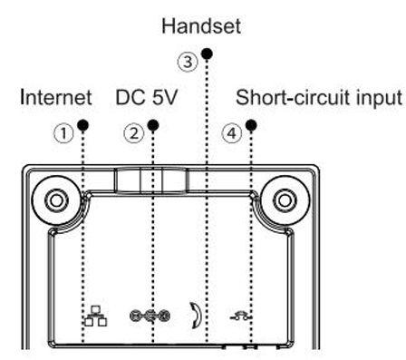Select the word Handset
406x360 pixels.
[x=201, y=28]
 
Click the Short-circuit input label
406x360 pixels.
[x=318, y=97]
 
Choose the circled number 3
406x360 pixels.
[x=188, y=62]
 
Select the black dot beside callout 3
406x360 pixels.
[x=207, y=54]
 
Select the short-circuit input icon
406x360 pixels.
[x=252, y=316]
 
